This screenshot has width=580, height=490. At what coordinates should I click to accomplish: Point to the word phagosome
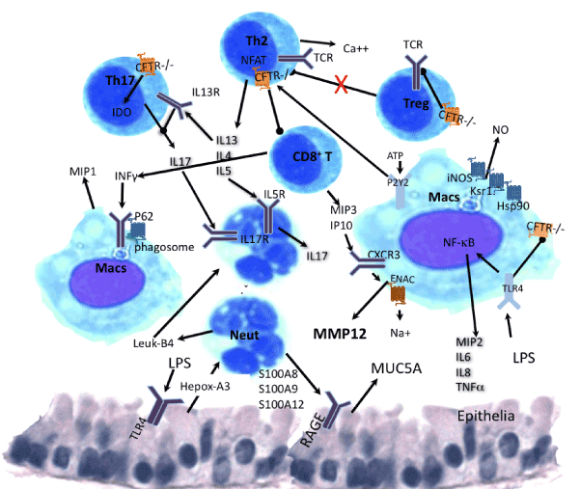(x=159, y=246)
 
